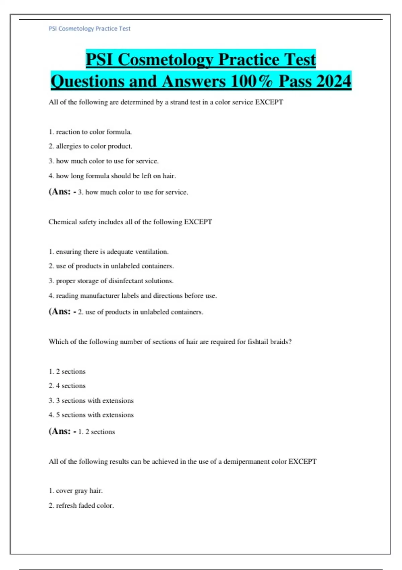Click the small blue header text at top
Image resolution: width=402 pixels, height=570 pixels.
tap(89, 29)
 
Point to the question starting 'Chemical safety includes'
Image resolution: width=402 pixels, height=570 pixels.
tap(130, 222)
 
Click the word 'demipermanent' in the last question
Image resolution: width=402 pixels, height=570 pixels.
tap(246, 461)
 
